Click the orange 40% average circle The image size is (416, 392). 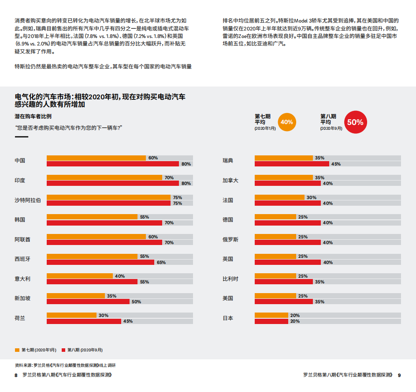pos(287,122)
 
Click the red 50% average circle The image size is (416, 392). pos(355,122)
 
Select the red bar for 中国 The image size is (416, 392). pos(112,164)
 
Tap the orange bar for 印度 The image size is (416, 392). pos(104,177)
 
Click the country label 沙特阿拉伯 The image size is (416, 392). pos(27,200)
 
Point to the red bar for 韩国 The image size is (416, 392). pos(104,223)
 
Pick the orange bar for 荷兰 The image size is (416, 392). pos(71,315)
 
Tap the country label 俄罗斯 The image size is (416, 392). pos(230,239)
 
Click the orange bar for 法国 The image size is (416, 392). pos(279,197)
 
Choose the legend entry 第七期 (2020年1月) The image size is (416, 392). pos(36,350)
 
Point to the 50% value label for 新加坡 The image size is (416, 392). pos(136,302)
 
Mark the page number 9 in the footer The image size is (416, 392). pos(399,375)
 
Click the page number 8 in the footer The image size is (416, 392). pos(16,375)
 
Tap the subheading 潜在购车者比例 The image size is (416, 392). pos(33,116)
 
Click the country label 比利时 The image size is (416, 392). pos(230,279)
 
